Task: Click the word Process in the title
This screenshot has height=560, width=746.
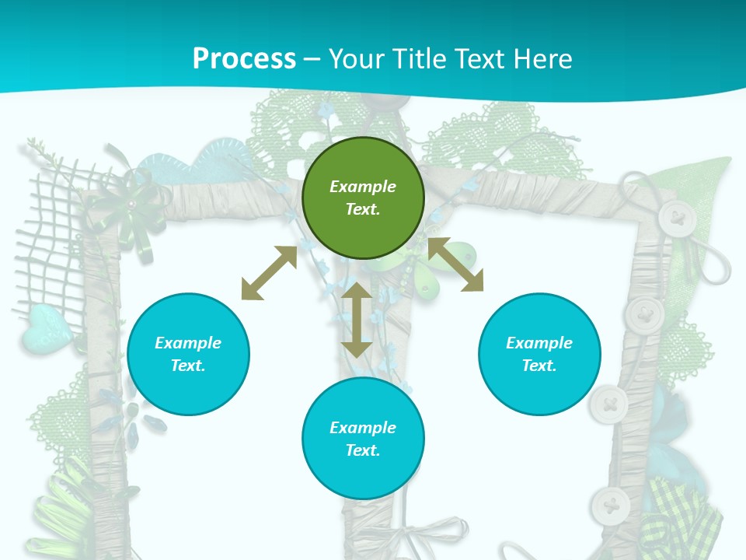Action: point(244,58)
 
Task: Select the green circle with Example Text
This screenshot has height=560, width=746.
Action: point(363,198)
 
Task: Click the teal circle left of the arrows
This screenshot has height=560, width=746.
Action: point(188,354)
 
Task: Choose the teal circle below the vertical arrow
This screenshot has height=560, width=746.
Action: point(363,439)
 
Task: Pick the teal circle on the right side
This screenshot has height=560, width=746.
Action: point(539,354)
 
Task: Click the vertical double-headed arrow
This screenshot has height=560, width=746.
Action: point(357,320)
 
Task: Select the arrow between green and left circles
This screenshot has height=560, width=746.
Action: point(269,273)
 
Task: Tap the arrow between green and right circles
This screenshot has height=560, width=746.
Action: point(455,264)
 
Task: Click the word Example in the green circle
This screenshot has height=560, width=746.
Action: point(363,187)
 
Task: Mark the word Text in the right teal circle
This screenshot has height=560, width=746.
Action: point(539,366)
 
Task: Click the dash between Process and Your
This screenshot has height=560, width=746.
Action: point(312,58)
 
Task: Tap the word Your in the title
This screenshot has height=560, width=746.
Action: point(359,58)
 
